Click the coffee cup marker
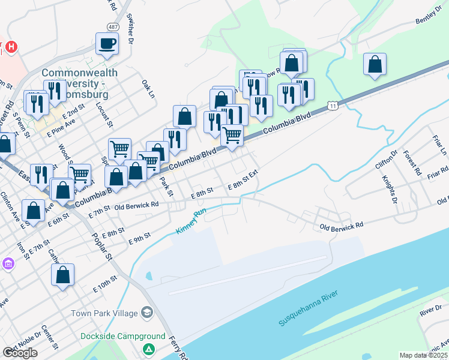pos(107,44)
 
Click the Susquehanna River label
pos(309,308)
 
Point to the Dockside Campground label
pos(123,337)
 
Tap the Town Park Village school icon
pos(147,313)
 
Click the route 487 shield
pos(113,28)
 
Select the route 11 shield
pos(332,106)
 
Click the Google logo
pos(20,352)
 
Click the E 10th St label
pos(105,284)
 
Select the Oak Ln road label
pos(148,88)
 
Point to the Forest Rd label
pos(412,162)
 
